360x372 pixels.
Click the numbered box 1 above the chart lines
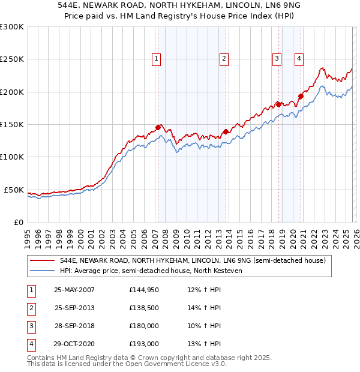156,59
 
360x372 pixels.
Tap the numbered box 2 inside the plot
223,59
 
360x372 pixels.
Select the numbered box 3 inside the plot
277,59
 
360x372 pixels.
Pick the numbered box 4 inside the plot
299,59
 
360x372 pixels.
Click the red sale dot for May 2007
158,127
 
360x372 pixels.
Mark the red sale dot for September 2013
226,131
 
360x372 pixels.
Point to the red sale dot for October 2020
301,96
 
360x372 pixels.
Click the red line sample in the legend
43,261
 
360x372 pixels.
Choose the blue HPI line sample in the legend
43,271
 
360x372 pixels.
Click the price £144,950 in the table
144,290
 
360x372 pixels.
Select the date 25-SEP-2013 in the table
74,308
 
